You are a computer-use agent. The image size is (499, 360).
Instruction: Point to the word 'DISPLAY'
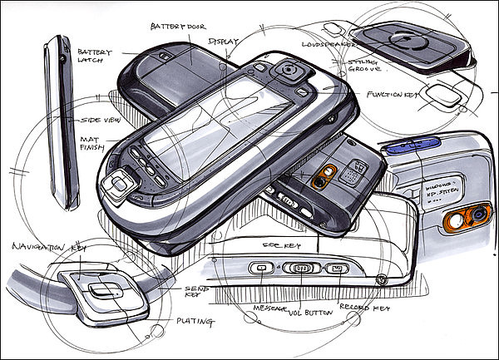(x=224, y=42)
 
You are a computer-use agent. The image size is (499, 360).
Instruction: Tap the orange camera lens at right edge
(x=477, y=219)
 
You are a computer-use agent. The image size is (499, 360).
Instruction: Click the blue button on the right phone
(x=408, y=149)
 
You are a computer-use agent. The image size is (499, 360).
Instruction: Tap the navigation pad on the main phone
(x=116, y=187)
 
